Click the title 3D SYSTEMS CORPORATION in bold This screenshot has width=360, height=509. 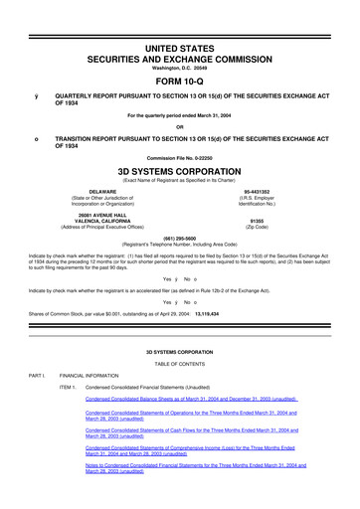coord(179,168)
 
